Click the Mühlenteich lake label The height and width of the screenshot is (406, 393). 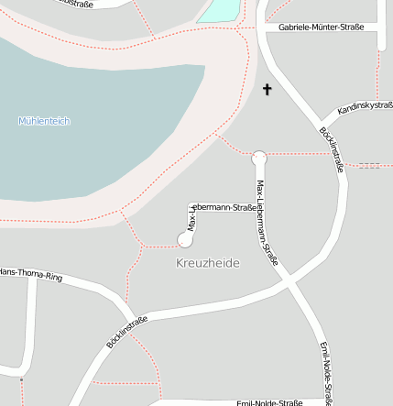[44, 121]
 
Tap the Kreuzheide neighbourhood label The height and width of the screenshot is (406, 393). [207, 263]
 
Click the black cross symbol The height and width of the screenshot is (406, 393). [267, 89]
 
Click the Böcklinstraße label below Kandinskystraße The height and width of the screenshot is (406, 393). [332, 148]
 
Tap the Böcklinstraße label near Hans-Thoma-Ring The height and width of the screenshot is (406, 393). [127, 332]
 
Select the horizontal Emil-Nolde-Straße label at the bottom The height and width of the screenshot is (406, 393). [269, 402]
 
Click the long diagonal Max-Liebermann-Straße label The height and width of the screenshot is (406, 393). [267, 222]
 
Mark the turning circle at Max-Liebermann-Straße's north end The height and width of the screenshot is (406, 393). [259, 158]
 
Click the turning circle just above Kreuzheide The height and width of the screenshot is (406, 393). [186, 240]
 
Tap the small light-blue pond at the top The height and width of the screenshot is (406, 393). [219, 10]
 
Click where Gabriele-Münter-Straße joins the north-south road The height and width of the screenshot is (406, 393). [264, 27]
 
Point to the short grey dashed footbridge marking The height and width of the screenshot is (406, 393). [368, 165]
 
